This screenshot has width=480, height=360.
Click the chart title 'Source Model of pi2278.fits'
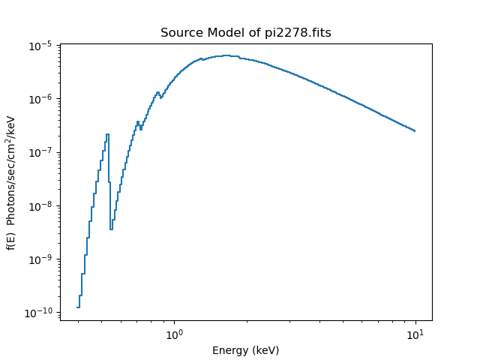click(245, 33)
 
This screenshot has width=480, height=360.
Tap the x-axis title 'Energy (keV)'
click(245, 350)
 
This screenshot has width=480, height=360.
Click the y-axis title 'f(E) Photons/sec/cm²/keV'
click(11, 182)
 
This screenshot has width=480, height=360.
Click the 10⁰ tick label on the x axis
click(174, 333)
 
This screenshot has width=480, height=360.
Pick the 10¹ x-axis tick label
click(415, 333)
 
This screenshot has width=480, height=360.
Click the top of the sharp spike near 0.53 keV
click(107, 135)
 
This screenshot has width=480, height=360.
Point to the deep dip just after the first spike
click(111, 229)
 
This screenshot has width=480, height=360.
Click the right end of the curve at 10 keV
click(415, 131)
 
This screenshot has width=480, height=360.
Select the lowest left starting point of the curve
click(78, 307)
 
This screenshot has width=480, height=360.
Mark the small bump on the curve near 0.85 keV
click(157, 93)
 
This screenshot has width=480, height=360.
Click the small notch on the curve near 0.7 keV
click(140, 128)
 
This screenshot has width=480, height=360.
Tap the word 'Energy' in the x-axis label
click(228, 350)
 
